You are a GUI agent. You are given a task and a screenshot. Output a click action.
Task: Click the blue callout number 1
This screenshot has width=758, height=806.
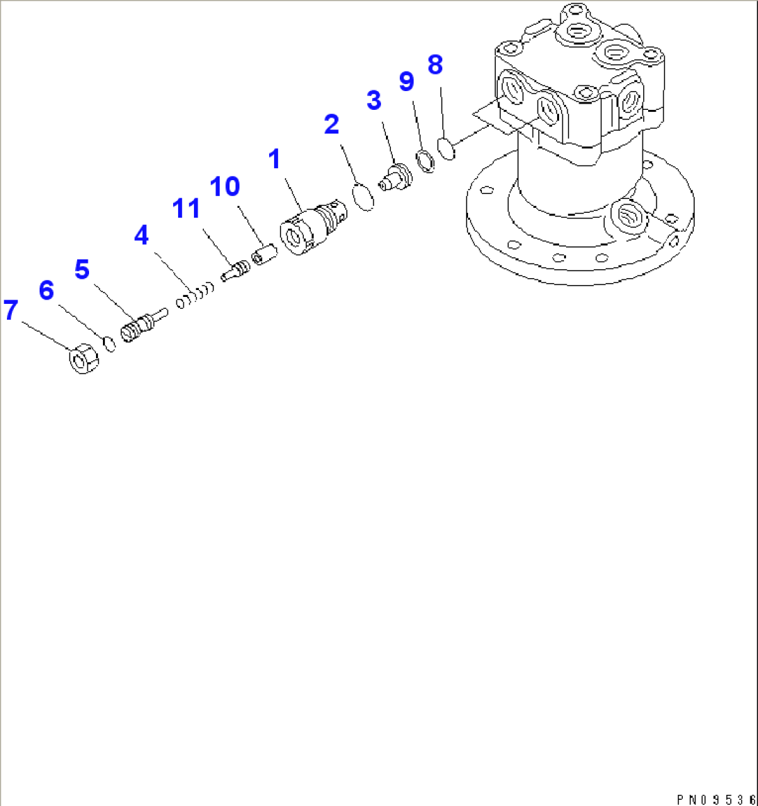275,159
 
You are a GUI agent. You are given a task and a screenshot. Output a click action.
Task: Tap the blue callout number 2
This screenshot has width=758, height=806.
332,124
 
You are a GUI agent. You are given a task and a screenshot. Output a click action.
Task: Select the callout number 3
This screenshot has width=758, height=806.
374,100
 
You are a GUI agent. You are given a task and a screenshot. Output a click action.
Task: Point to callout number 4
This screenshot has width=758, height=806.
141,235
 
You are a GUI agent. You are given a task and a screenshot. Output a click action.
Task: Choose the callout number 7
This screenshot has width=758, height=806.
10,310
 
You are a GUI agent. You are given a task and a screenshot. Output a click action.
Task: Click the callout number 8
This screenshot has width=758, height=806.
435,65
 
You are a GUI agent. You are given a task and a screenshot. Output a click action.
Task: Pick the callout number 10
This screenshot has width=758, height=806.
225,186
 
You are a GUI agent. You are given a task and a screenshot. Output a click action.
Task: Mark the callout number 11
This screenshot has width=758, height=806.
186,208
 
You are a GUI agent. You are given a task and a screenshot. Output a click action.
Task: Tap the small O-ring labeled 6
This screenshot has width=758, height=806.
109,344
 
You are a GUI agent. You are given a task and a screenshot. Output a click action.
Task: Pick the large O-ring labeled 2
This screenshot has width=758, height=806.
363,197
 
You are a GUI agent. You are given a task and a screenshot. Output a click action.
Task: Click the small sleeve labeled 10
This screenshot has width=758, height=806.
264,254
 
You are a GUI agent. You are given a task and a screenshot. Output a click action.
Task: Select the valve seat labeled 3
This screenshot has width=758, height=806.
394,177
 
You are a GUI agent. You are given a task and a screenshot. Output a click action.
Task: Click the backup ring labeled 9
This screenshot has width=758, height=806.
426,161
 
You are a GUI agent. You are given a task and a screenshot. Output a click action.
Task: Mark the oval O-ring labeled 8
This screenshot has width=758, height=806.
446,149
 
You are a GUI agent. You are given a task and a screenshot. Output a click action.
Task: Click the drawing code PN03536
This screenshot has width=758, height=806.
715,799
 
